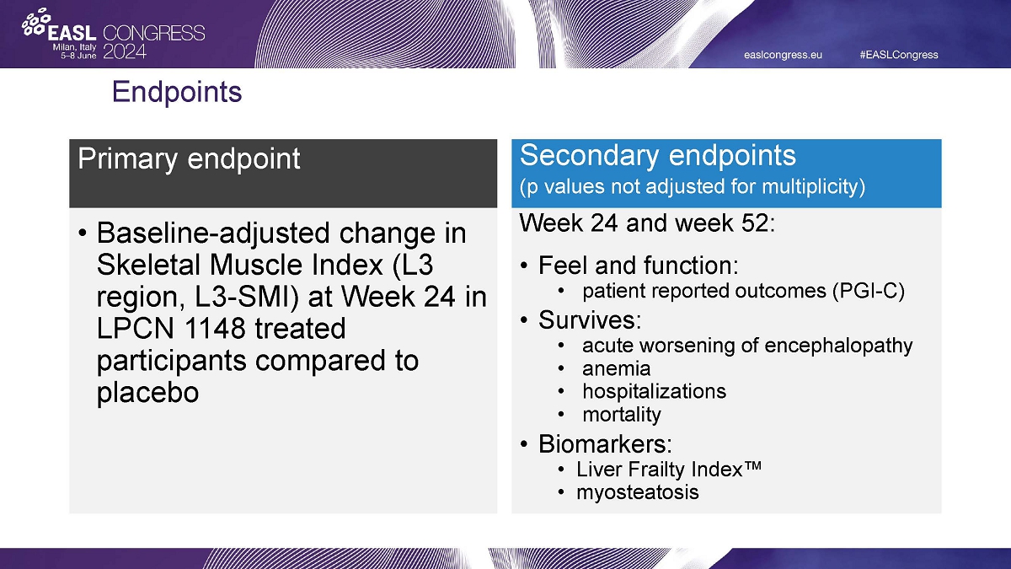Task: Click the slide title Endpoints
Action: click(x=177, y=92)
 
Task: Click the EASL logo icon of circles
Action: click(x=36, y=22)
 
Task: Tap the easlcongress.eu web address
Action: click(x=783, y=55)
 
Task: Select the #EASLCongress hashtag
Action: click(x=899, y=55)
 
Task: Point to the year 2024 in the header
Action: click(x=125, y=51)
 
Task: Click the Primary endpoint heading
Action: click(x=189, y=158)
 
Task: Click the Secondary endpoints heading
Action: click(x=658, y=155)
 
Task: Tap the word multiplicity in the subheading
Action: click(x=813, y=186)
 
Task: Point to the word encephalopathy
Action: click(x=838, y=346)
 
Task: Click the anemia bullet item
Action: click(x=617, y=369)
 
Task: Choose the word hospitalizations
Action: click(x=655, y=391)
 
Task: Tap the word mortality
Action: click(x=622, y=415)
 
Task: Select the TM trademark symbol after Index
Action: click(x=752, y=465)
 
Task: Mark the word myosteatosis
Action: click(x=638, y=492)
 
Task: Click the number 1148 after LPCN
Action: click(x=215, y=328)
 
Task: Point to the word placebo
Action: click(x=147, y=393)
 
